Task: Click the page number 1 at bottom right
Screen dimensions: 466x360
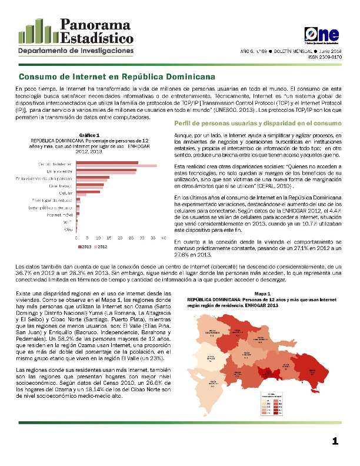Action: (335, 441)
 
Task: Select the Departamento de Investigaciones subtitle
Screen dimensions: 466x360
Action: (75, 51)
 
